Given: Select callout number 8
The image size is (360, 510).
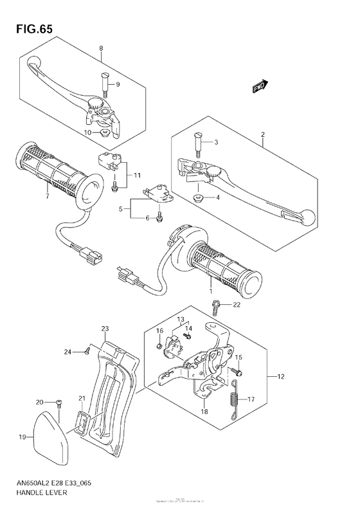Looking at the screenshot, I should (100, 49).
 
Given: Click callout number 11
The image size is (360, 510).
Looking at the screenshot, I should (137, 175).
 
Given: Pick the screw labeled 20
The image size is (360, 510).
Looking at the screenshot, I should (58, 403).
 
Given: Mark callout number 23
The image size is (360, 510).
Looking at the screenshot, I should (105, 328).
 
